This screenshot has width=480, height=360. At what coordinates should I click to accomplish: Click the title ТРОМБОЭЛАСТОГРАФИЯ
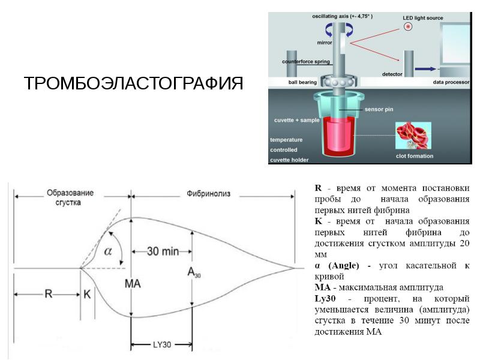pyautogui.click(x=133, y=83)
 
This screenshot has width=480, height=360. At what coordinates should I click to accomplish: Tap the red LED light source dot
pyautogui.click(x=408, y=26)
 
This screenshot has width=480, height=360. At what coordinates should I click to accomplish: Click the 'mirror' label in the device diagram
pyautogui.click(x=325, y=43)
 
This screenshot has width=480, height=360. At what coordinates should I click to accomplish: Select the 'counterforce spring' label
pyautogui.click(x=306, y=62)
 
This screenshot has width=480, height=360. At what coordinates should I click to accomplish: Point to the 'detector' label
pyautogui.click(x=392, y=74)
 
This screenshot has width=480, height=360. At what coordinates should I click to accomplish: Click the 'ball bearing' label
pyautogui.click(x=302, y=82)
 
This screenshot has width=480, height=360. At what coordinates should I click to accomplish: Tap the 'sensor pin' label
pyautogui.click(x=379, y=109)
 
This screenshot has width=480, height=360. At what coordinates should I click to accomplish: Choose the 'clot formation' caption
pyautogui.click(x=415, y=156)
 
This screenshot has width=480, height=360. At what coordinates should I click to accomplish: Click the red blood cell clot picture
pyautogui.click(x=413, y=136)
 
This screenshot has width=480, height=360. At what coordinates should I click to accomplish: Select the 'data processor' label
pyautogui.click(x=451, y=82)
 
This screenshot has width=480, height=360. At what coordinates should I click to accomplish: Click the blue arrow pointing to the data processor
pyautogui.click(x=425, y=69)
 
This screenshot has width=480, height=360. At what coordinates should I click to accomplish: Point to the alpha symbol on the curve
pyautogui.click(x=108, y=251)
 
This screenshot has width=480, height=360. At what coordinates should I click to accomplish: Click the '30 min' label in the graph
pyautogui.click(x=163, y=251)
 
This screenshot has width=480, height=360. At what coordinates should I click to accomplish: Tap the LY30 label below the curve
pyautogui.click(x=162, y=344)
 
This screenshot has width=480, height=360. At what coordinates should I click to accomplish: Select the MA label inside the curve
pyautogui.click(x=133, y=284)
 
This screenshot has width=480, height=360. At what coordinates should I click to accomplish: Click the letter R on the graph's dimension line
pyautogui.click(x=49, y=294)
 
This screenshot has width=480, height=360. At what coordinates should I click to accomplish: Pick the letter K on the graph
pyautogui.click(x=87, y=294)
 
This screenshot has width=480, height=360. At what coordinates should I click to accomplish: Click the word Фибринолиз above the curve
pyautogui.click(x=208, y=193)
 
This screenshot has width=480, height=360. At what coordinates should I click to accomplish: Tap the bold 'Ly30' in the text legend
pyautogui.click(x=325, y=298)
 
